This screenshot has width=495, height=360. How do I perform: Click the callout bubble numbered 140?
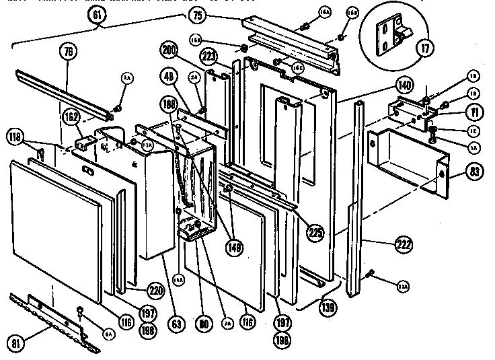[404, 85]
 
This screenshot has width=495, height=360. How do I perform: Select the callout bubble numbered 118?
[17, 139]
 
